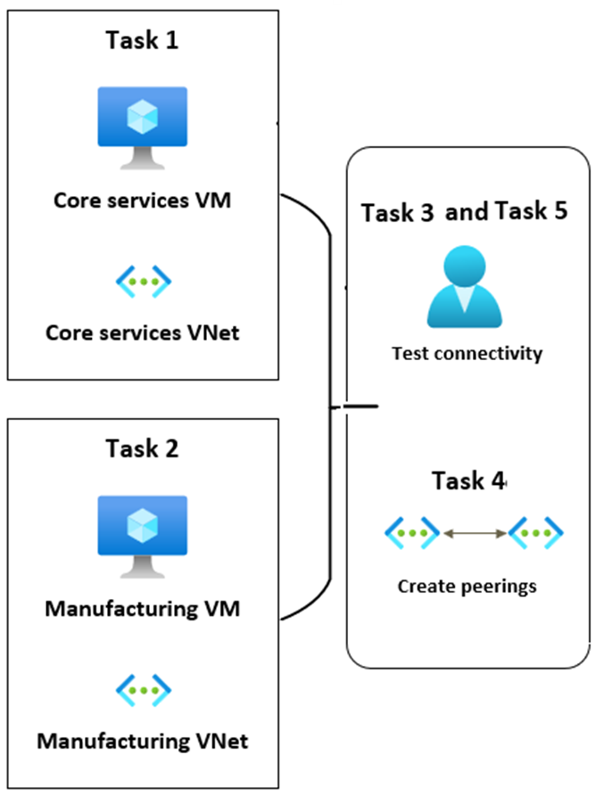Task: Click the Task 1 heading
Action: (143, 40)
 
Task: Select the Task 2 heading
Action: (143, 447)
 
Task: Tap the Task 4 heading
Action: (468, 480)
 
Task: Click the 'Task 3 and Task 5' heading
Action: (464, 212)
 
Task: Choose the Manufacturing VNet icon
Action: (144, 689)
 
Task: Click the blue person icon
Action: (464, 286)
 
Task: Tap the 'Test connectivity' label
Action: (467, 353)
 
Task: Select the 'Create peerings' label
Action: (467, 587)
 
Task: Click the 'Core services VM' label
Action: (143, 201)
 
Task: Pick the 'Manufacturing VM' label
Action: (143, 611)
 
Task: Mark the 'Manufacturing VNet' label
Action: (143, 741)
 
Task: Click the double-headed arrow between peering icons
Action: (474, 534)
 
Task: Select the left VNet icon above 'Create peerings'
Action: (412, 534)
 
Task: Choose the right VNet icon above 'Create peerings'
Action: (535, 534)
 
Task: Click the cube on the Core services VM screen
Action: (143, 115)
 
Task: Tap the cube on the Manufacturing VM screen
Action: (143, 523)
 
